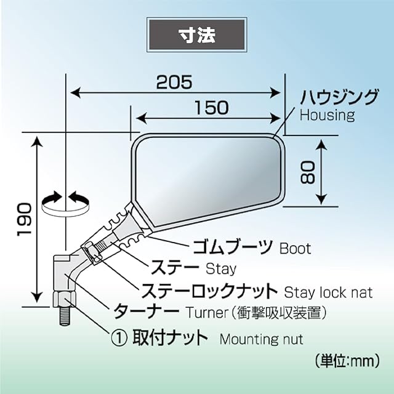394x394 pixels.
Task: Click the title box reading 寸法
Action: pyautogui.click(x=196, y=35)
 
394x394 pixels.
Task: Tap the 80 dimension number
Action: pyautogui.click(x=308, y=171)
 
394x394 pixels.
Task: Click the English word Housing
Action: pyautogui.click(x=327, y=115)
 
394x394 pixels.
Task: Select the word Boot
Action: pyautogui.click(x=295, y=249)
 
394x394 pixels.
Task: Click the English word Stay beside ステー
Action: pyautogui.click(x=220, y=268)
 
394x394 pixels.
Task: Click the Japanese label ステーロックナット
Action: pyautogui.click(x=210, y=290)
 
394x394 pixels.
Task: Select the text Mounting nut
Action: pyautogui.click(x=261, y=338)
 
